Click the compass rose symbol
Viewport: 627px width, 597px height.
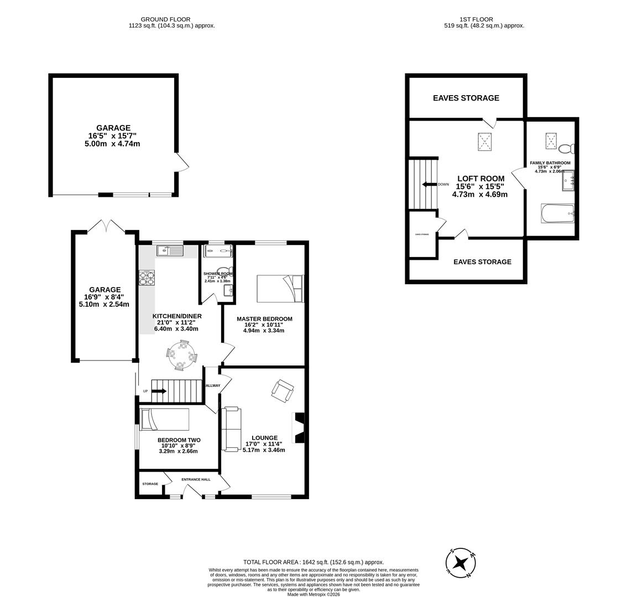(x=460, y=563)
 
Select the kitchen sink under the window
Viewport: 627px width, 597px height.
(x=170, y=252)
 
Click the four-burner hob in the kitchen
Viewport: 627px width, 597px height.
(x=147, y=277)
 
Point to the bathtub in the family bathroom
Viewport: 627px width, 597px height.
(x=557, y=213)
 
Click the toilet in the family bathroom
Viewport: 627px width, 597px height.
(x=567, y=149)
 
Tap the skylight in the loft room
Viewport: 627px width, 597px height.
(x=485, y=142)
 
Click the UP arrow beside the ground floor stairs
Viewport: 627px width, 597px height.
(x=159, y=391)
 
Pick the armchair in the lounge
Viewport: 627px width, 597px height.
(x=283, y=391)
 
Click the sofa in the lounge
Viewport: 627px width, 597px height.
(x=231, y=429)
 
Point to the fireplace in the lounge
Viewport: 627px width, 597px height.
(x=299, y=427)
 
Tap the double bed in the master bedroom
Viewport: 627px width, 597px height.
(x=280, y=289)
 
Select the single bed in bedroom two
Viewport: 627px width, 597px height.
(x=165, y=419)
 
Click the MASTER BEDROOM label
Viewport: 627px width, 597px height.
(x=264, y=319)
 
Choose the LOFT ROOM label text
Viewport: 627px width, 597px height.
(x=480, y=179)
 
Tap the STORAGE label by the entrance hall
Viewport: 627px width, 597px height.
(x=150, y=484)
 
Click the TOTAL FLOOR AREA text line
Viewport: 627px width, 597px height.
(x=313, y=562)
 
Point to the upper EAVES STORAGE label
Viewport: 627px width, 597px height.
(x=466, y=98)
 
